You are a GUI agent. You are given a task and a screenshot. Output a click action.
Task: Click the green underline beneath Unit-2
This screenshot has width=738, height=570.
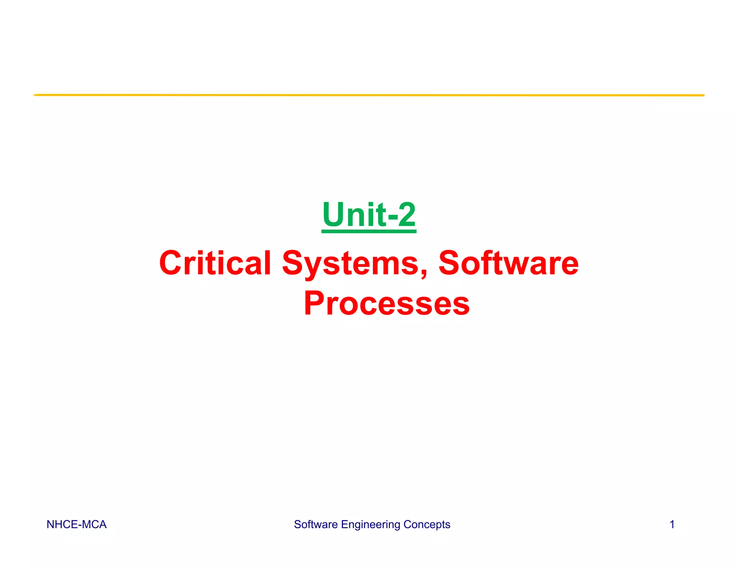pyautogui.click(x=369, y=231)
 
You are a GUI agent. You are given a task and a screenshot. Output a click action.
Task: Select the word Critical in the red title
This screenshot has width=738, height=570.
pyautogui.click(x=215, y=263)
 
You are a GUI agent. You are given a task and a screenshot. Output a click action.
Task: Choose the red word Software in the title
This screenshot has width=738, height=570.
pyautogui.click(x=508, y=263)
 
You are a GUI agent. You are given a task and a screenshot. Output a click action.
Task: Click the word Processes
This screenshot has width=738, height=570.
pyautogui.click(x=387, y=303)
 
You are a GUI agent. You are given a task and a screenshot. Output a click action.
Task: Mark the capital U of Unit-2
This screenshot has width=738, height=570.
pyautogui.click(x=333, y=215)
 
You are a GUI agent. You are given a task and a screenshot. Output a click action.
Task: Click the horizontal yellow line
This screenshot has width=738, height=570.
pyautogui.click(x=369, y=95)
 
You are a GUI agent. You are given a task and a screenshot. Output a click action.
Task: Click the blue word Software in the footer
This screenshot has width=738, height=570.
pyautogui.click(x=316, y=525)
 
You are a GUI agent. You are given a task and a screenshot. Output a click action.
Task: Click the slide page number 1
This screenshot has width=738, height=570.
pyautogui.click(x=672, y=525)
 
